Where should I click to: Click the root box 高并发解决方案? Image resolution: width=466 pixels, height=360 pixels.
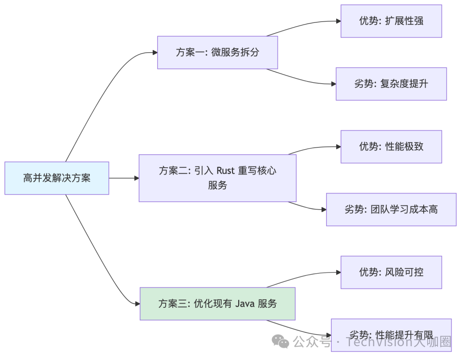pyautogui.click(x=57, y=178)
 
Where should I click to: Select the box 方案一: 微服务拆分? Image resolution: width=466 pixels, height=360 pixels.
pyautogui.click(x=217, y=53)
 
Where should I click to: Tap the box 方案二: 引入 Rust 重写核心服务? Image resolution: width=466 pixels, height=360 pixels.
pyautogui.click(x=217, y=178)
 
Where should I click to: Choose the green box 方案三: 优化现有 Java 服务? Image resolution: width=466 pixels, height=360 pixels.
pyautogui.click(x=217, y=304)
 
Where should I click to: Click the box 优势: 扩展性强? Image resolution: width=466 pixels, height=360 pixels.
pyautogui.click(x=391, y=21)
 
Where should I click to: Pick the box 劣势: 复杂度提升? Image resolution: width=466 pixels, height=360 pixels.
pyautogui.click(x=391, y=84)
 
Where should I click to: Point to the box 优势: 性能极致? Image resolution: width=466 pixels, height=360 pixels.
pyautogui.click(x=391, y=147)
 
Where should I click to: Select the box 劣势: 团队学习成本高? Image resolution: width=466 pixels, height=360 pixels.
pyautogui.click(x=391, y=210)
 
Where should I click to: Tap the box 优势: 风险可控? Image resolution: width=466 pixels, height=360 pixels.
pyautogui.click(x=391, y=272)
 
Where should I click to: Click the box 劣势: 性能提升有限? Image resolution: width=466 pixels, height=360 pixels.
pyautogui.click(x=391, y=335)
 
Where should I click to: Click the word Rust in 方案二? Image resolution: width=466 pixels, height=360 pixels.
pyautogui.click(x=225, y=170)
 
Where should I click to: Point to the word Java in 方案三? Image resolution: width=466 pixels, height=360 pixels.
pyautogui.click(x=245, y=304)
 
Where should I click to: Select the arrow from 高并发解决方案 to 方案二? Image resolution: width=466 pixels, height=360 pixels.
pyautogui.click(x=124, y=178)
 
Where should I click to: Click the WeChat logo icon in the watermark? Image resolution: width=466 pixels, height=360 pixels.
pyautogui.click(x=283, y=342)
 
